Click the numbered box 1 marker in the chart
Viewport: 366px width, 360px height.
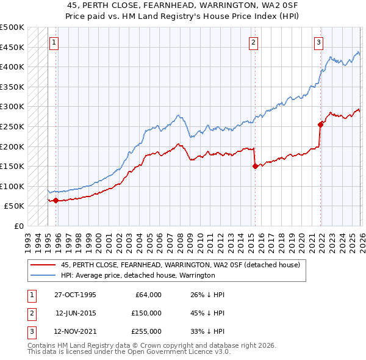pyautogui.click(x=55, y=43)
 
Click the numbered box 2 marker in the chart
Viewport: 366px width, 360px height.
pyautogui.click(x=253, y=43)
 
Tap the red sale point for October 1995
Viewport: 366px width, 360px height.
pyautogui.click(x=56, y=200)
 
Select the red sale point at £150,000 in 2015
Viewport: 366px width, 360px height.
pyautogui.click(x=254, y=166)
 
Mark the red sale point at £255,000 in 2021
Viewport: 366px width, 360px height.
pyautogui.click(x=320, y=124)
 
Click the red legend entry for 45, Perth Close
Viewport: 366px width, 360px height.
pyautogui.click(x=180, y=265)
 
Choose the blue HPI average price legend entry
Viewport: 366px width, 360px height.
pyautogui.click(x=138, y=275)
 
